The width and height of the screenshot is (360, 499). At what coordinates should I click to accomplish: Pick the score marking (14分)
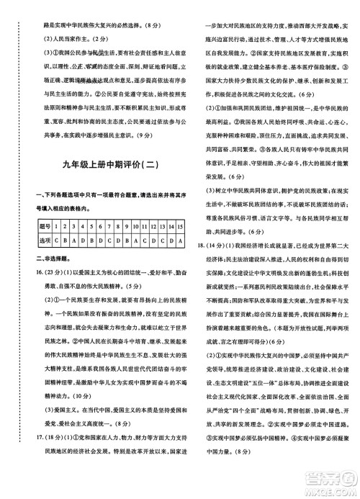point(209,246)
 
